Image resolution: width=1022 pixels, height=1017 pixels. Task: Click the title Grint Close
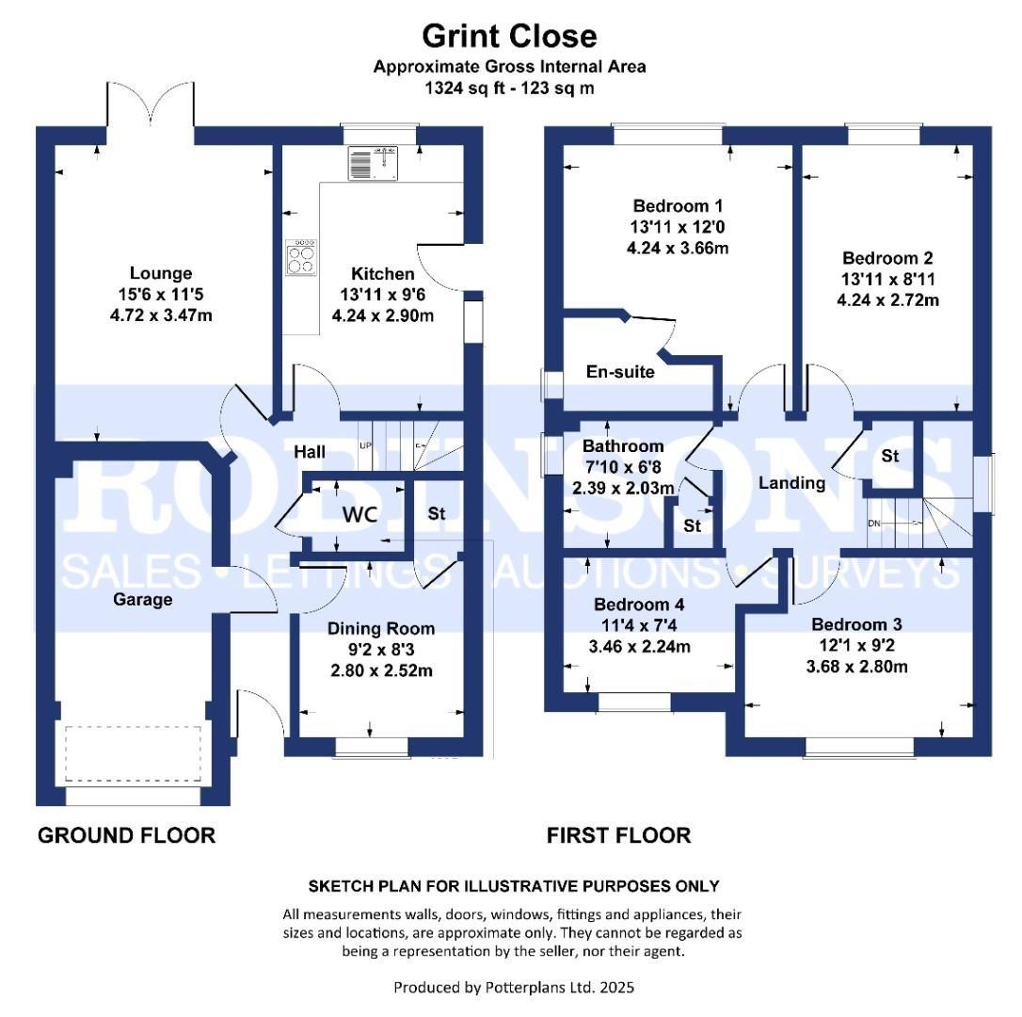pyautogui.click(x=509, y=36)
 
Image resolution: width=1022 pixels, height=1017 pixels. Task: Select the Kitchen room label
pyautogui.click(x=383, y=274)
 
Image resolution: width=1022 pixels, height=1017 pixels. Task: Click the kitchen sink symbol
pyautogui.click(x=374, y=164)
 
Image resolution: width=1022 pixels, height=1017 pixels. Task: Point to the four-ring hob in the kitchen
pyautogui.click(x=301, y=257)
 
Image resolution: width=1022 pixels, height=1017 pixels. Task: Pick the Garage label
pyautogui.click(x=143, y=599)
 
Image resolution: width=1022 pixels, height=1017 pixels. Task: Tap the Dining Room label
pyautogui.click(x=381, y=628)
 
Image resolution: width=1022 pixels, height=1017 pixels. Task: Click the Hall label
pyautogui.click(x=310, y=452)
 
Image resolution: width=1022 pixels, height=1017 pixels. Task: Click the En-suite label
pyautogui.click(x=620, y=371)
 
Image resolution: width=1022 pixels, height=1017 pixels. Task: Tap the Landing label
pyautogui.click(x=792, y=483)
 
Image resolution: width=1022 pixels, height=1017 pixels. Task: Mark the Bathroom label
pyautogui.click(x=622, y=446)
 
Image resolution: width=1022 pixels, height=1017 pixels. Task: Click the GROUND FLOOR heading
pyautogui.click(x=126, y=835)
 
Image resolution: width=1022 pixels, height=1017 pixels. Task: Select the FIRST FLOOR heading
pyautogui.click(x=618, y=835)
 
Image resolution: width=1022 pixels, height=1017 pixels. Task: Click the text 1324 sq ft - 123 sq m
pyautogui.click(x=509, y=88)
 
